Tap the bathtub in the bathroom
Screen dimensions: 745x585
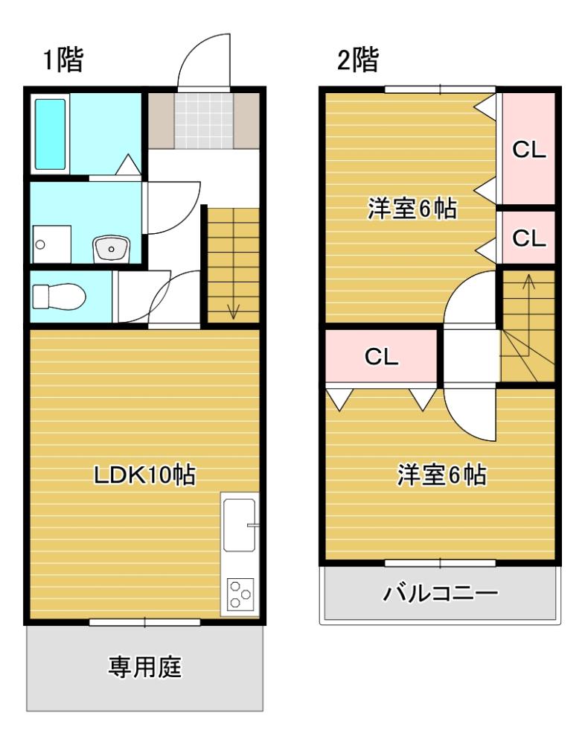click(50, 134)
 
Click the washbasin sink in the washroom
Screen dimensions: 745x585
click(112, 247)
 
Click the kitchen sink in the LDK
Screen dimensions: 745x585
click(239, 524)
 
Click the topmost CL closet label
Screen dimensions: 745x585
click(529, 150)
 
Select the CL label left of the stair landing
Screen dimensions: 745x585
click(381, 357)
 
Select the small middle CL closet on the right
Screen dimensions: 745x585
click(529, 238)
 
